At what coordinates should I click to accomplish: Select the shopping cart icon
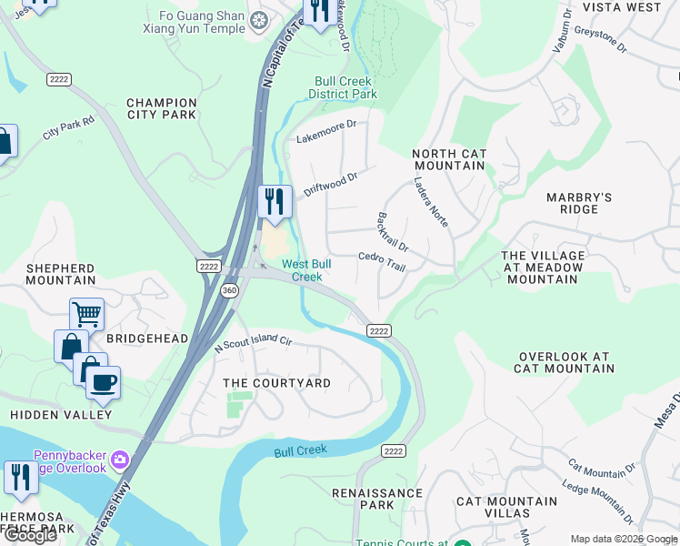coord(86,315)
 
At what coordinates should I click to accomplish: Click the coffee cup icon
coord(103,382)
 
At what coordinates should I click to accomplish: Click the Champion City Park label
coord(162,109)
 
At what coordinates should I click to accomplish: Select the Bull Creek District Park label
coord(343,87)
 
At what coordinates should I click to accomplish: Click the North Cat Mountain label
coord(449,160)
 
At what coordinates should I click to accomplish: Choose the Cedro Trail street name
coord(381,261)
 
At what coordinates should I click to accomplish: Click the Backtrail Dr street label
coord(392,233)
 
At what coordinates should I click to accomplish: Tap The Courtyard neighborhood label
coord(277,383)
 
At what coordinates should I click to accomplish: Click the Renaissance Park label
coord(376,499)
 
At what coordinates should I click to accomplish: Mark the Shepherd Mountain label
coord(60,274)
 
